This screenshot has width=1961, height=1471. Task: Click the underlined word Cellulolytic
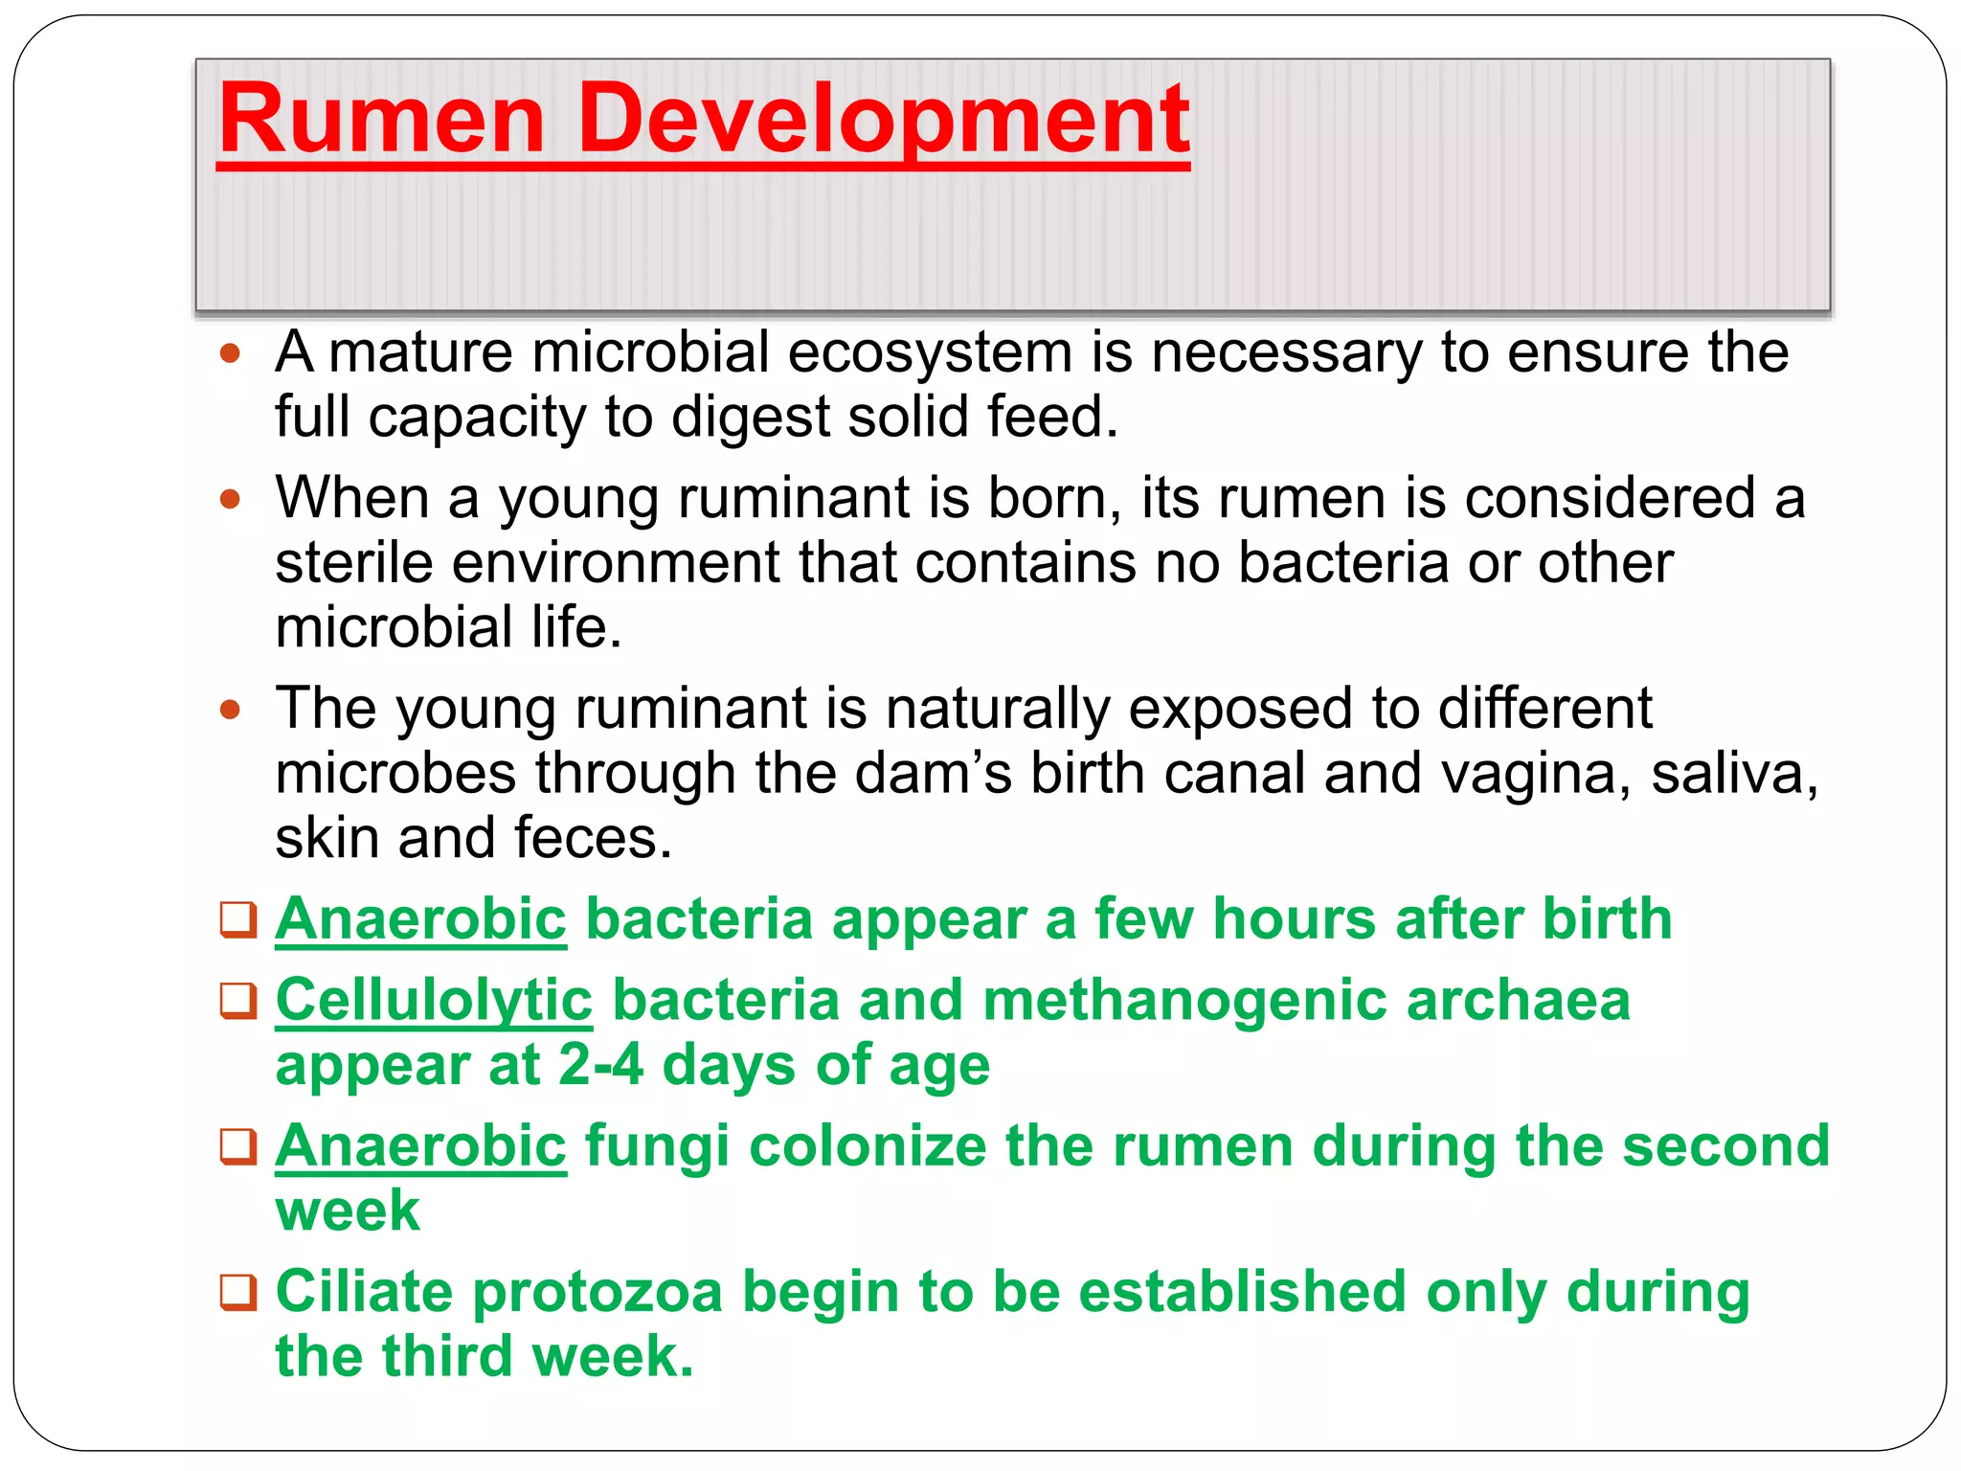point(434,1000)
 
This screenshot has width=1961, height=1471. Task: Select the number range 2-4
point(600,1065)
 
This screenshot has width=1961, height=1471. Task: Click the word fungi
point(657,1146)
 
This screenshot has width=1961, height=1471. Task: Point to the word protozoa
point(597,1292)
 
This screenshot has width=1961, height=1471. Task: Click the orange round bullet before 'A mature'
point(230,353)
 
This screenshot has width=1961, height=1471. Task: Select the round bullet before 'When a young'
point(230,499)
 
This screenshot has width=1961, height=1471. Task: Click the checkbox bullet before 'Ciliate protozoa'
point(238,1292)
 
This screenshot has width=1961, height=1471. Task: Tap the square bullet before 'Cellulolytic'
point(238,1001)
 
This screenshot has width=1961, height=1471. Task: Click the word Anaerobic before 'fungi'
point(420,1146)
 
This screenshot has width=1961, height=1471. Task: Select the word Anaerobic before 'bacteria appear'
point(420,919)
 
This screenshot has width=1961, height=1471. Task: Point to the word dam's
point(933,773)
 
